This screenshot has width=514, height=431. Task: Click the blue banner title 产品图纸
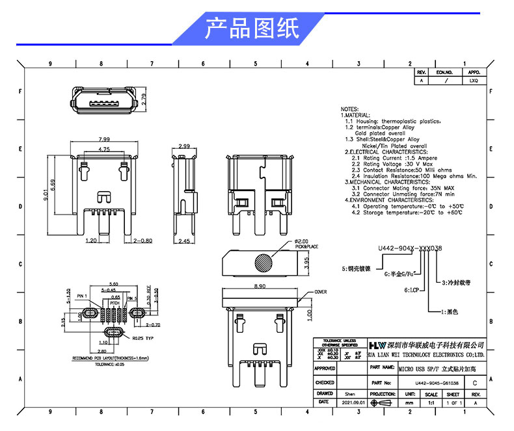tap(252, 29)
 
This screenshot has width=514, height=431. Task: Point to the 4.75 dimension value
tap(104, 150)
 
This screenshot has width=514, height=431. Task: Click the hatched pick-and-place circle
tap(265, 264)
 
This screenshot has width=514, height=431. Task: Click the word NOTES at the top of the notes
tap(349, 109)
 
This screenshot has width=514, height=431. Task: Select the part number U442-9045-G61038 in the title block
tap(432, 383)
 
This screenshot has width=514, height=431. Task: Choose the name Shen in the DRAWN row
tap(349, 394)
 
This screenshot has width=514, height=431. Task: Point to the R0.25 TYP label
tap(142, 338)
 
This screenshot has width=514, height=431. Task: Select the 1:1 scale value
tap(431, 402)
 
